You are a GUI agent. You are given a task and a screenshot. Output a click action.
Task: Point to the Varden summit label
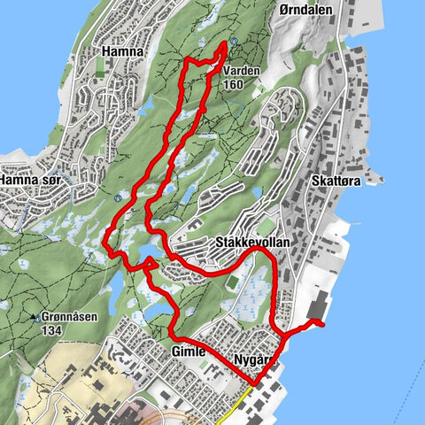click(240, 70)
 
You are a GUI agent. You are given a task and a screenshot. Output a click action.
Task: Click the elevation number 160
click(234, 85)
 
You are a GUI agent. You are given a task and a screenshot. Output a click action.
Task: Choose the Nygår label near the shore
click(251, 359)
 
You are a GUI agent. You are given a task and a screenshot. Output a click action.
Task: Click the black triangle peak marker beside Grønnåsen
click(34, 316)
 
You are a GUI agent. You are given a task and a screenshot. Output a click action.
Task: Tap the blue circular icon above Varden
click(232, 42)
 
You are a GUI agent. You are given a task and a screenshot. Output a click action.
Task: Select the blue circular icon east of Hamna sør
click(118, 198)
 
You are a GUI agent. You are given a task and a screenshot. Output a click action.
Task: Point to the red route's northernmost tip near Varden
click(223, 43)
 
